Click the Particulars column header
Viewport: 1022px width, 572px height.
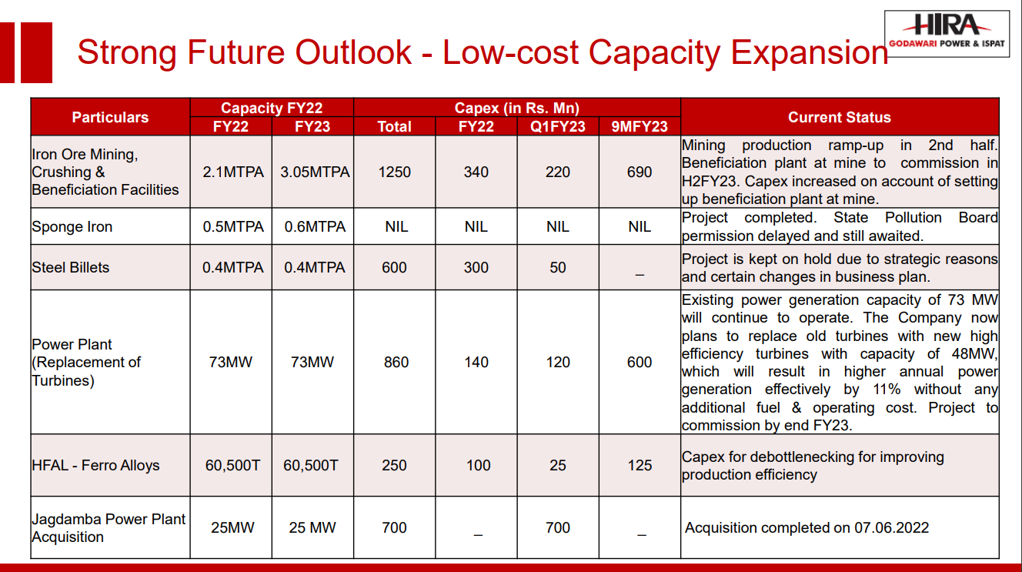(110, 117)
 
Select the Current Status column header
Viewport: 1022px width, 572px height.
(839, 117)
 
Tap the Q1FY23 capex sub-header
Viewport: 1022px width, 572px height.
(557, 126)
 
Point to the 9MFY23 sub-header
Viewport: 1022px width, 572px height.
(640, 126)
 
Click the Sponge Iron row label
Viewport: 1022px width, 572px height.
(72, 226)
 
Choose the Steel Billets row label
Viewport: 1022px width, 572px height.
(71, 267)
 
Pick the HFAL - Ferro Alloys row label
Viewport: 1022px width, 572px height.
(96, 465)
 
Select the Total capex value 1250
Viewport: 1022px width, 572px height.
(396, 172)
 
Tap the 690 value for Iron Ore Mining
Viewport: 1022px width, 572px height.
(640, 172)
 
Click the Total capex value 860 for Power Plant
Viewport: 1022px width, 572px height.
(396, 362)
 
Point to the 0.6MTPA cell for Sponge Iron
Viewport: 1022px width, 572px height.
(312, 226)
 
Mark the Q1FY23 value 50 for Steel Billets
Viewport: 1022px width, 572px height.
(557, 267)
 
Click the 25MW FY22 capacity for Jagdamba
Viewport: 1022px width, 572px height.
(232, 527)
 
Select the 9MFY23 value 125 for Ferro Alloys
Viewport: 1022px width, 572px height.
(640, 465)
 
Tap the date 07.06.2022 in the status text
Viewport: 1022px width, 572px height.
(891, 527)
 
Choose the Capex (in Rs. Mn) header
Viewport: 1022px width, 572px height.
(517, 108)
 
